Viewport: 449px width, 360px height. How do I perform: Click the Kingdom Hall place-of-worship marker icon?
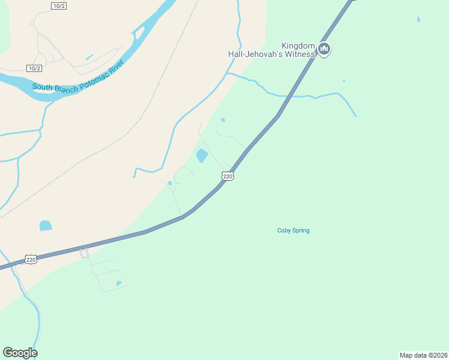point(324,49)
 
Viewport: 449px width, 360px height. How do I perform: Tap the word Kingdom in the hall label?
point(299,46)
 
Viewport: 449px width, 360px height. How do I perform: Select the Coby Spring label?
point(293,230)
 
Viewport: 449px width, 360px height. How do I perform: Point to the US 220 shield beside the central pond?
point(227,176)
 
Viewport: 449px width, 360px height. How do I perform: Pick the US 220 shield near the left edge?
point(31,259)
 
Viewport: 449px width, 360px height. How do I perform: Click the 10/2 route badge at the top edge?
point(58,5)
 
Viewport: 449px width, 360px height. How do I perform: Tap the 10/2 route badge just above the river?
point(34,68)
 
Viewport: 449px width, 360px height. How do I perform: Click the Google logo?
point(20,353)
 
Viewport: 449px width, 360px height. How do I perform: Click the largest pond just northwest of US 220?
point(202,156)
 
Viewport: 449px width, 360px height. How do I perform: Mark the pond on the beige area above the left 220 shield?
point(46,226)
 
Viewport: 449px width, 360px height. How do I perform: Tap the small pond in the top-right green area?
point(418,19)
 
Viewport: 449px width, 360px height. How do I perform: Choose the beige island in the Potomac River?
point(139,32)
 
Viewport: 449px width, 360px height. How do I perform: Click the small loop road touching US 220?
point(84,253)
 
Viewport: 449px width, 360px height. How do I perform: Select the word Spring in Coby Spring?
point(301,230)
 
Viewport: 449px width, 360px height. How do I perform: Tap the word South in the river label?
point(42,88)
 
